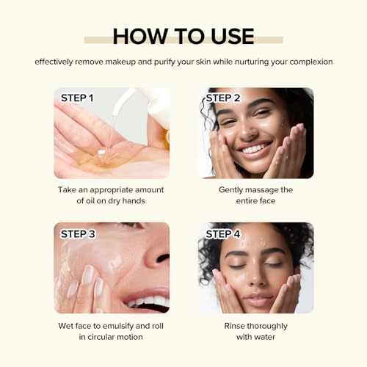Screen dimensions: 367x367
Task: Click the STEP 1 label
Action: [77, 98]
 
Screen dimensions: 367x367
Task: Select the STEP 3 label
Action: [78, 233]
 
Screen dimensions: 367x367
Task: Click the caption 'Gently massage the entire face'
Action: [255, 195]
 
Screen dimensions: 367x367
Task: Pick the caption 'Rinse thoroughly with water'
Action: [255, 331]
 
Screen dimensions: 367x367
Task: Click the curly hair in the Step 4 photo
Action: [213, 257]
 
